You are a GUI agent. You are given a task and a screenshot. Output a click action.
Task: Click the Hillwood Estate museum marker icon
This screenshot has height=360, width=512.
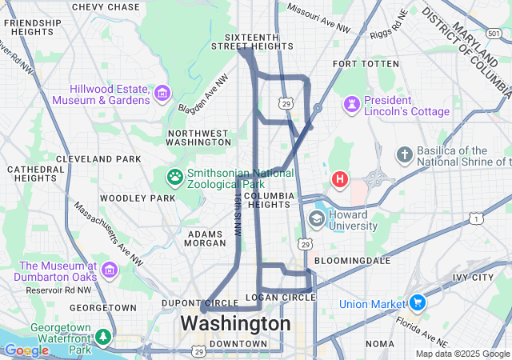[163, 94]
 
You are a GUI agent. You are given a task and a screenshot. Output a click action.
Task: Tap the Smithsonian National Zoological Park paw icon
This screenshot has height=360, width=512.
[174, 175]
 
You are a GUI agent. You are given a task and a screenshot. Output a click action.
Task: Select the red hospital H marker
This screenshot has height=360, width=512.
[339, 178]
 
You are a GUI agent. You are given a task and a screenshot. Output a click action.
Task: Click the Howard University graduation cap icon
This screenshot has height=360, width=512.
[317, 219]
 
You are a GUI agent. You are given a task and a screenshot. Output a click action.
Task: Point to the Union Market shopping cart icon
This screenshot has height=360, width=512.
[416, 303]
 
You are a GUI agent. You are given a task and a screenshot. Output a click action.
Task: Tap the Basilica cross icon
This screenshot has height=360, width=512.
[405, 153]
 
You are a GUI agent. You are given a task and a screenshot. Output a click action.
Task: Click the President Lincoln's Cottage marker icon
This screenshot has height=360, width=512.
[351, 105]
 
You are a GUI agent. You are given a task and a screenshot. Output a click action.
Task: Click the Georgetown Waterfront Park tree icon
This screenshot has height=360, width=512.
[102, 337]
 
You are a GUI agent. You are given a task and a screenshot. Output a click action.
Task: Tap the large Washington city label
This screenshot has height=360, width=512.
[235, 323]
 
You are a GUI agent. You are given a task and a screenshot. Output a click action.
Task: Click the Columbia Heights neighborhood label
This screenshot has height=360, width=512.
[266, 200]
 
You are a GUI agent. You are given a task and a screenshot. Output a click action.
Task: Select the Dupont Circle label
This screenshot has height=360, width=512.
[189, 303]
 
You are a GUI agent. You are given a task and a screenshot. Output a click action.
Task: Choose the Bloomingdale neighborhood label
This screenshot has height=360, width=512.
[352, 261]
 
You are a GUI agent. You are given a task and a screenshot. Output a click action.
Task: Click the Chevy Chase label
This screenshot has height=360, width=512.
[105, 7]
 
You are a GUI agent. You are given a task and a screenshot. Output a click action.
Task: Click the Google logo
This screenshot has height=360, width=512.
[26, 350]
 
